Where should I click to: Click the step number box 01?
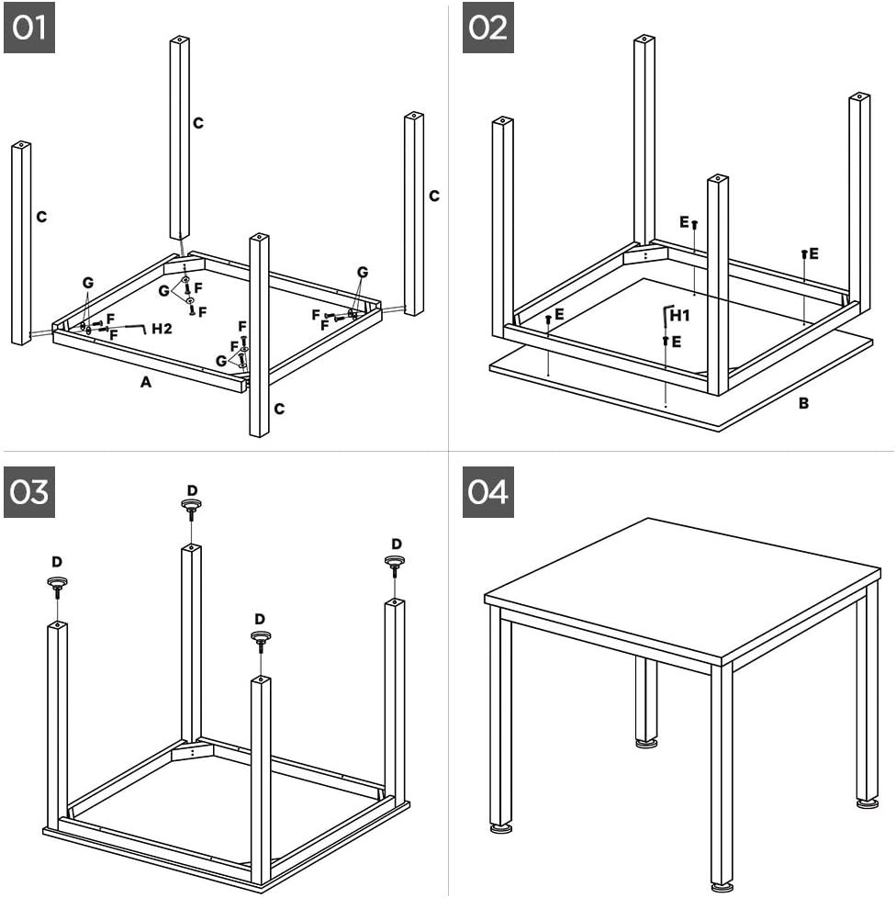click(29, 28)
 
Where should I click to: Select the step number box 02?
click(487, 28)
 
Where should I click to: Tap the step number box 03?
click(29, 492)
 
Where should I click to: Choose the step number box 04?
click(487, 492)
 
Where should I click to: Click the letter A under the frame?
click(145, 383)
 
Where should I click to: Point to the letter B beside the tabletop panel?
click(803, 402)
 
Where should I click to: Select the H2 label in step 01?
click(162, 328)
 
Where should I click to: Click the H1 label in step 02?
click(680, 316)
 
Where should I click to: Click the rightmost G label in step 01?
click(363, 272)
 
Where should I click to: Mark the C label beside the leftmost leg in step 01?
click(41, 217)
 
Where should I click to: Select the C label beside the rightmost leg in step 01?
click(434, 196)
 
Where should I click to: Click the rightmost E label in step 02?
click(813, 253)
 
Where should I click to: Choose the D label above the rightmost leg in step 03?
click(397, 544)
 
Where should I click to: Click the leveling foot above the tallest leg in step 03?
click(191, 504)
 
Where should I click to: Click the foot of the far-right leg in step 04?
click(867, 803)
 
